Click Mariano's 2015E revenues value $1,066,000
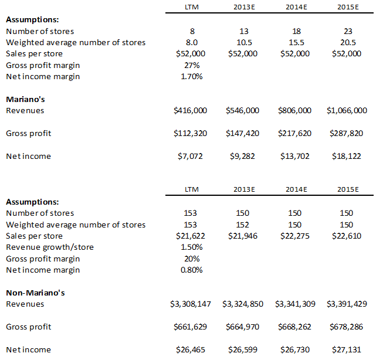pyautogui.click(x=347, y=110)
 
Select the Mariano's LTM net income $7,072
pyautogui.click(x=190, y=156)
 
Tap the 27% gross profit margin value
pyautogui.click(x=192, y=65)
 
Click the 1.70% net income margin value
pyautogui.click(x=192, y=76)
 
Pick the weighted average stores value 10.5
pyautogui.click(x=244, y=42)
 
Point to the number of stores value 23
pyautogui.click(x=348, y=31)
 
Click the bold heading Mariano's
pyautogui.click(x=25, y=99)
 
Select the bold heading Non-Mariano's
pyautogui.click(x=35, y=293)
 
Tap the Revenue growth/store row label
pyautogui.click(x=50, y=247)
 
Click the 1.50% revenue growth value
pyautogui.click(x=192, y=247)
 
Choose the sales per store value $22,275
pyautogui.click(x=295, y=236)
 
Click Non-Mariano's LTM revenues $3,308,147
pyautogui.click(x=191, y=304)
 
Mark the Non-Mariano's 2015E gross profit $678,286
pyautogui.click(x=347, y=327)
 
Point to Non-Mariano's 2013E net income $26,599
pyautogui.click(x=243, y=349)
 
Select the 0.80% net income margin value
pyautogui.click(x=192, y=270)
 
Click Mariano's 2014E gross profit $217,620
pyautogui.click(x=295, y=133)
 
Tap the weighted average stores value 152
pyautogui.click(x=243, y=225)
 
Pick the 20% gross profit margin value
pyautogui.click(x=192, y=259)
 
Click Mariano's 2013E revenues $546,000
pyautogui.click(x=243, y=110)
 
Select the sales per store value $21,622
pyautogui.click(x=191, y=236)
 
